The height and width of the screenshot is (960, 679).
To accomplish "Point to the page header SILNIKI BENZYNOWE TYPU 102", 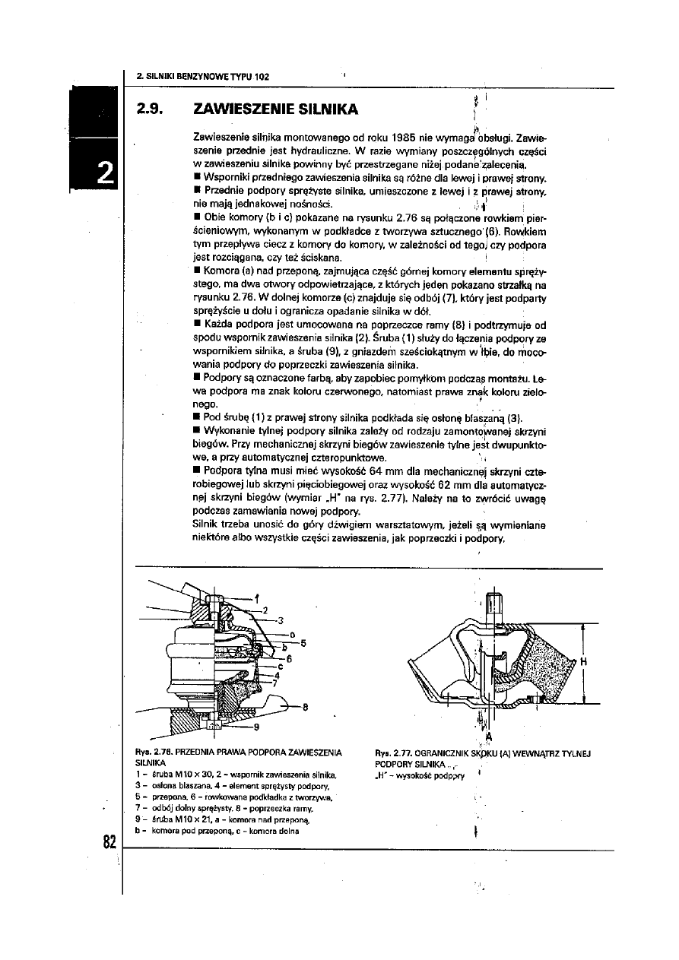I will pos(203,77).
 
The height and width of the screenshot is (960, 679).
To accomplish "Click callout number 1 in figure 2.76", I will pos(256,597).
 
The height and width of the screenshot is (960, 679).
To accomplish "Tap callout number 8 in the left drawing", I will pos(304,706).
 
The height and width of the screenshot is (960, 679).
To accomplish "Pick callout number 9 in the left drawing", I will pos(256,727).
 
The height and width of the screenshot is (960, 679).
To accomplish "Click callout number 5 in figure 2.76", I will pos(303,643).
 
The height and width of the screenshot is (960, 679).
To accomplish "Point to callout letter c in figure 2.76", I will pos(280,666).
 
